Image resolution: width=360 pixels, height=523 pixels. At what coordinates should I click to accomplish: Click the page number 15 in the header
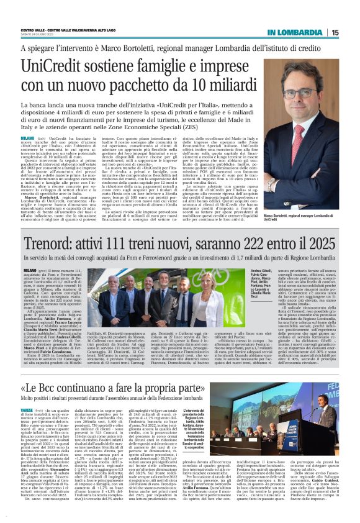coord(335,32)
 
